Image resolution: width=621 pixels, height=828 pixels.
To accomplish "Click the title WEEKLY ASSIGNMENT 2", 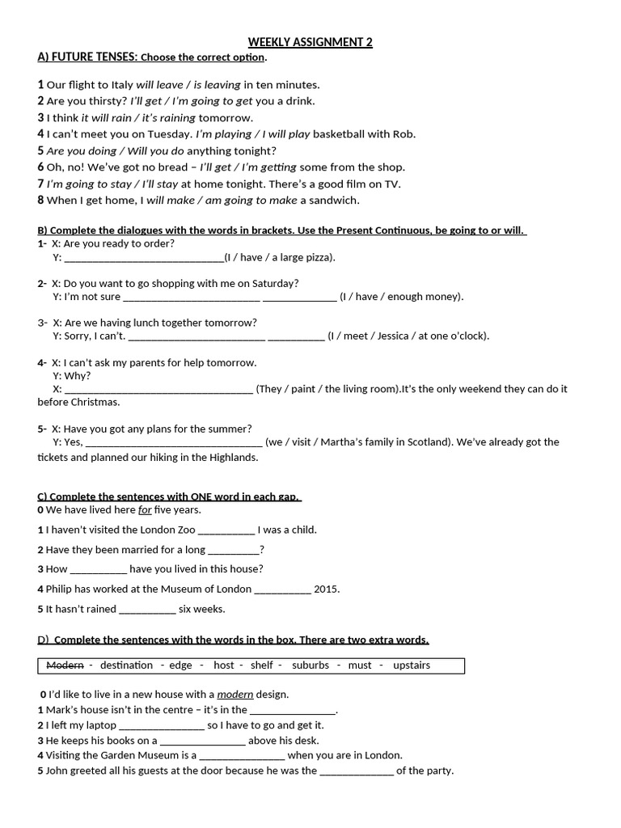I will pos(310,42).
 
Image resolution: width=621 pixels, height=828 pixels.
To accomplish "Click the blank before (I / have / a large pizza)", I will pos(143,257).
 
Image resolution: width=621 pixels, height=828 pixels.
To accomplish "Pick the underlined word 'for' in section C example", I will pos(145,509).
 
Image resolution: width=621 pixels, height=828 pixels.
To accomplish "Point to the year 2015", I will pos(327,589).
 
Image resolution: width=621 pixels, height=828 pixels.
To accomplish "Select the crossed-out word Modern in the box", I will pos(65,665).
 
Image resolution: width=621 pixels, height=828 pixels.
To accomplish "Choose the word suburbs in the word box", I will pos(310,665).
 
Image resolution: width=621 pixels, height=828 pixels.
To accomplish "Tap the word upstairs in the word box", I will pos(412,665).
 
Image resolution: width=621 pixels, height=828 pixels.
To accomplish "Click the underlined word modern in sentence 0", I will pos(235,694).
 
